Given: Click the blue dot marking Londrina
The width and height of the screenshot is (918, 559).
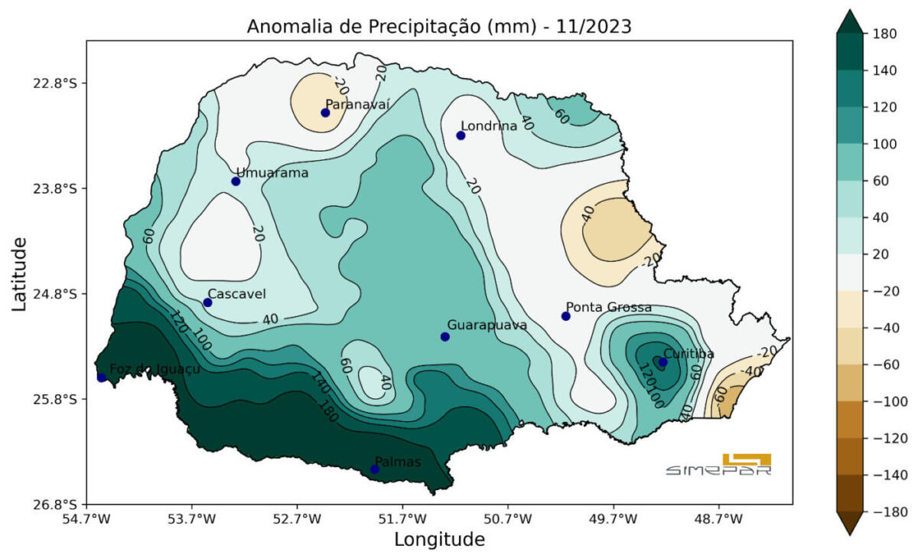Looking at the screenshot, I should (461, 136).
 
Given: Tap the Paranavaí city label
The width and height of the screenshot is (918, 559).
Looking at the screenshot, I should (357, 104).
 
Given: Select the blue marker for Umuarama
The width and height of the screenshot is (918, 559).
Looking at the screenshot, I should (236, 181).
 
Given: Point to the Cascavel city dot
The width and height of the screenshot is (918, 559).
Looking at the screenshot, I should (207, 302).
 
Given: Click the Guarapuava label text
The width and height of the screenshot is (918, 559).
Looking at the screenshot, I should (487, 325).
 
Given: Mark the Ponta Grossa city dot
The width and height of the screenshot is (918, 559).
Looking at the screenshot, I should (566, 316).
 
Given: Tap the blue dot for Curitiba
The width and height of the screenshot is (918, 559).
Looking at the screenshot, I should (662, 362).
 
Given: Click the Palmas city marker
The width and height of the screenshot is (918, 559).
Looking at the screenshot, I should (374, 469).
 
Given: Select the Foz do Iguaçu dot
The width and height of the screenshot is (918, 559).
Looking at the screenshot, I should (102, 377).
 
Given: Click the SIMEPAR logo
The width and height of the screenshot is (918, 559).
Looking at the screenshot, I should (718, 465).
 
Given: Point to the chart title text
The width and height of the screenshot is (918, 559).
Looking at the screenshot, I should (438, 27).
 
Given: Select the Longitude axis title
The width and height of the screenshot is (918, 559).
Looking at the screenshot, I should (439, 539).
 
